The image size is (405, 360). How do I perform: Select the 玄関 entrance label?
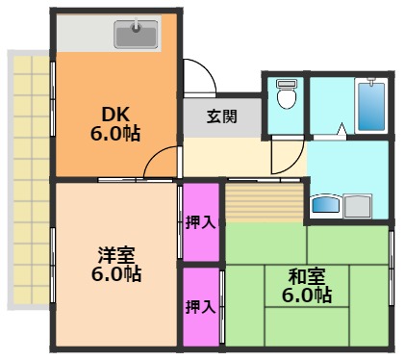click(x=221, y=117)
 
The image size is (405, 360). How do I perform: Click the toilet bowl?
click(x=286, y=96)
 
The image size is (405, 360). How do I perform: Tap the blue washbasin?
click(x=326, y=205)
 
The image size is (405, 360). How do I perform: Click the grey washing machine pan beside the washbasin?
click(x=358, y=205)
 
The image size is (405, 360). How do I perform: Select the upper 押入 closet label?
click(x=201, y=221)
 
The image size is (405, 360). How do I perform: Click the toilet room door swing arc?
click(x=286, y=154)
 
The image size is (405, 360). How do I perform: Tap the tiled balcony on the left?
click(x=29, y=178)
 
